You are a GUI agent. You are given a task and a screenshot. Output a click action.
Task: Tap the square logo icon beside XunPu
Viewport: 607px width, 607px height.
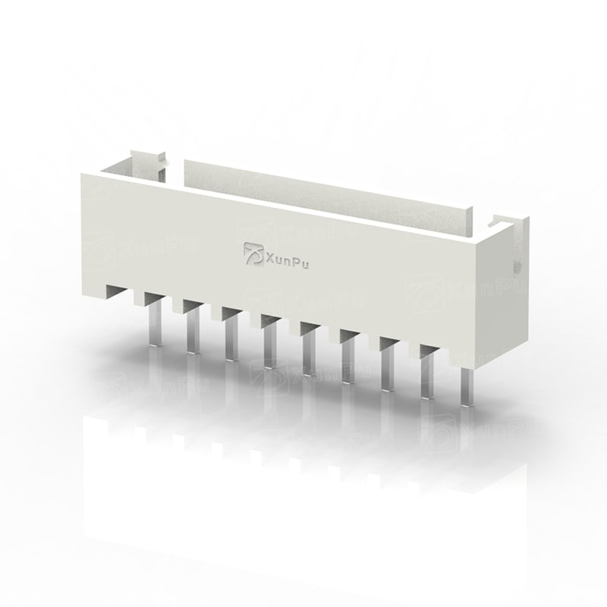253,254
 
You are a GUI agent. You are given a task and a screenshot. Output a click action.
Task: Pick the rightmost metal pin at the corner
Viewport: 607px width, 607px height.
467,387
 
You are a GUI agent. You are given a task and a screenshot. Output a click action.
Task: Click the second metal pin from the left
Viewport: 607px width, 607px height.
193,330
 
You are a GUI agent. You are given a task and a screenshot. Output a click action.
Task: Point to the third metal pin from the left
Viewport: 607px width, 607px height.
231,338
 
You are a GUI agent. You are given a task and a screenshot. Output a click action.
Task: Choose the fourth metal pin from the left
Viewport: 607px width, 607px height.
270,346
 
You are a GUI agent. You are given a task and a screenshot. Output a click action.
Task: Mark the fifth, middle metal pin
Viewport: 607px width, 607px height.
309,354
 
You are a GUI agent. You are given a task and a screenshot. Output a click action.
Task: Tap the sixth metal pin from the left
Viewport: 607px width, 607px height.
348,361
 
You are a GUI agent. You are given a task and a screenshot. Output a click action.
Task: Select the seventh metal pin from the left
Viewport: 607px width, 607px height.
388,369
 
